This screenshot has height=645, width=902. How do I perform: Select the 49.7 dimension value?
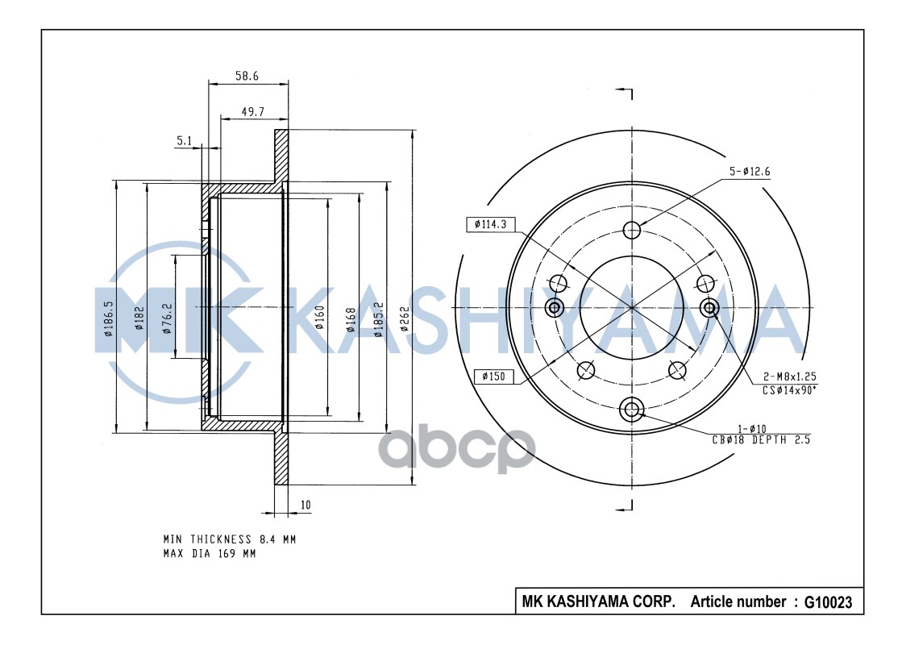[252, 112]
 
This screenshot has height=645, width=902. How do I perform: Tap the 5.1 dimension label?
[184, 141]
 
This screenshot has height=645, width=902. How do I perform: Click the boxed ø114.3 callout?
[491, 225]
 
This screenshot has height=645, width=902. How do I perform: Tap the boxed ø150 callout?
[493, 376]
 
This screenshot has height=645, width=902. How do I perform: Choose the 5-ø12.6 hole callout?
[751, 171]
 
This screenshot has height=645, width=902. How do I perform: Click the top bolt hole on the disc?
[632, 229]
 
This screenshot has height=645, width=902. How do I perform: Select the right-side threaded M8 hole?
[709, 307]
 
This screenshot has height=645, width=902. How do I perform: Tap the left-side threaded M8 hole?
[555, 307]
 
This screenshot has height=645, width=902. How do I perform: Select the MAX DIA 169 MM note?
[210, 553]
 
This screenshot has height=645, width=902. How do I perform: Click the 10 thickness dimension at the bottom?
[305, 506]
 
